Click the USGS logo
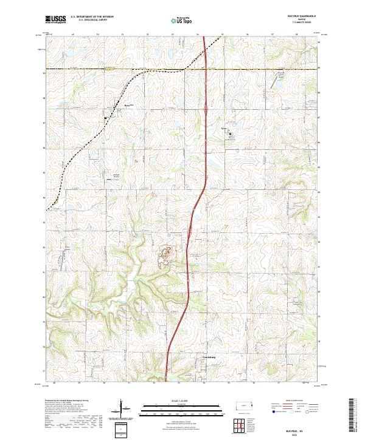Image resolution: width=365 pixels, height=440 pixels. (x=55, y=19)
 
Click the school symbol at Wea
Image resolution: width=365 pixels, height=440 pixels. (x=231, y=135)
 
